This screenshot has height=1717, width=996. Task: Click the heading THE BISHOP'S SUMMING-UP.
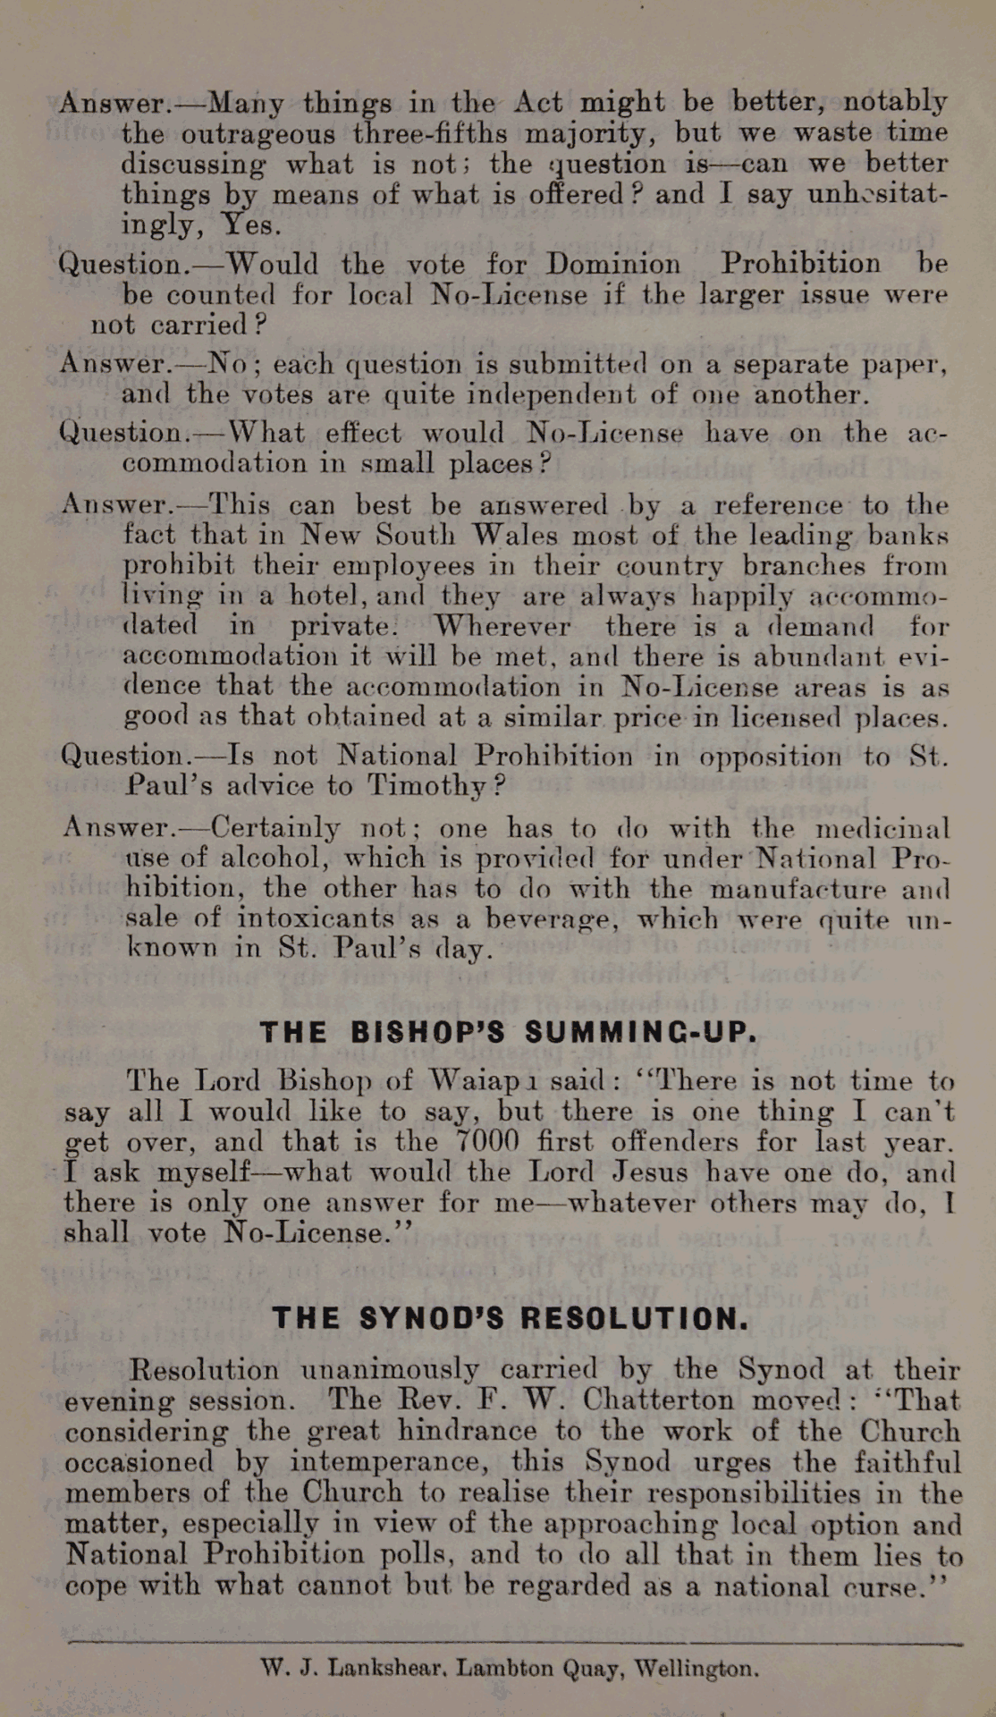(509, 1032)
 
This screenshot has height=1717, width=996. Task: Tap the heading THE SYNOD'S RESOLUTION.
(511, 1318)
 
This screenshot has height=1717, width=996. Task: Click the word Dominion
(612, 264)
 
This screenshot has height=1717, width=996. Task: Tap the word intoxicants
(316, 918)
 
